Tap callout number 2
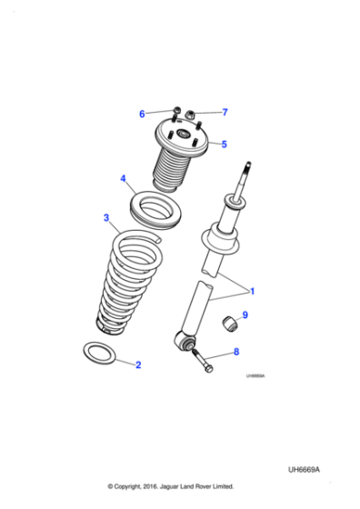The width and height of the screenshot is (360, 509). click(138, 365)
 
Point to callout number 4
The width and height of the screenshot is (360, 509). click(124, 179)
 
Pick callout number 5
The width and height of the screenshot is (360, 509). click(224, 144)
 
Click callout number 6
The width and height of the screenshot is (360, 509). click(142, 114)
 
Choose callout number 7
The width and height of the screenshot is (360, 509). click(225, 113)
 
